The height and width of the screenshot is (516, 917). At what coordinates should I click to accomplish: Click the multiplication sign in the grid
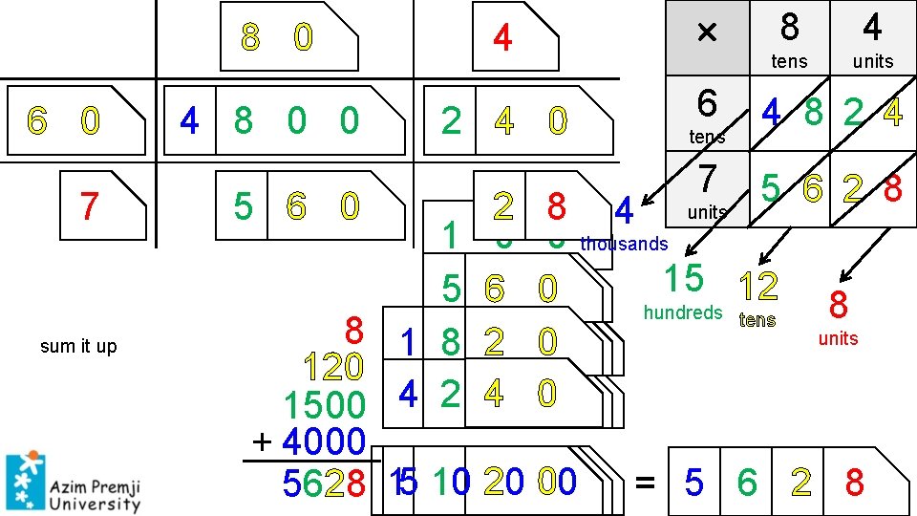tap(706, 32)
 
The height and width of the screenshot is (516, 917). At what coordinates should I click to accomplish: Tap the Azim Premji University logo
tap(73, 484)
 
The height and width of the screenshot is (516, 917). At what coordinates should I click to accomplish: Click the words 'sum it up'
tap(78, 347)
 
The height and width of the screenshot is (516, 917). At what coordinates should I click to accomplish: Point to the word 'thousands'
tap(625, 244)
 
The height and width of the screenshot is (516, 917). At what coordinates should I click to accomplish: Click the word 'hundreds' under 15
tap(683, 312)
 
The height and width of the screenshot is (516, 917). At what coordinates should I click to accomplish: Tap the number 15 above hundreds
tap(684, 278)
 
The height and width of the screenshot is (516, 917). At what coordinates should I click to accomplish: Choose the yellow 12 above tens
tap(758, 285)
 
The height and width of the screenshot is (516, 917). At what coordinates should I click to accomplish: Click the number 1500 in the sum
tap(325, 406)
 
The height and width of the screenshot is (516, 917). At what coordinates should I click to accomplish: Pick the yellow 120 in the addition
tap(333, 366)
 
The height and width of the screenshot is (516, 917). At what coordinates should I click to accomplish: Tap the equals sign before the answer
tap(646, 484)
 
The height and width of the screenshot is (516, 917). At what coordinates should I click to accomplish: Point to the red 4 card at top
tap(502, 39)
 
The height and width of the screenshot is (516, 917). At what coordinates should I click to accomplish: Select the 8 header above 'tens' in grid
tap(789, 29)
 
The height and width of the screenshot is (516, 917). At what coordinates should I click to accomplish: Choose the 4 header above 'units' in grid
tap(871, 29)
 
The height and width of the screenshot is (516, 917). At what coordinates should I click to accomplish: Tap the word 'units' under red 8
tap(838, 338)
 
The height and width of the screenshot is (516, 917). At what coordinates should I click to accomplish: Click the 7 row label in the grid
tap(707, 179)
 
